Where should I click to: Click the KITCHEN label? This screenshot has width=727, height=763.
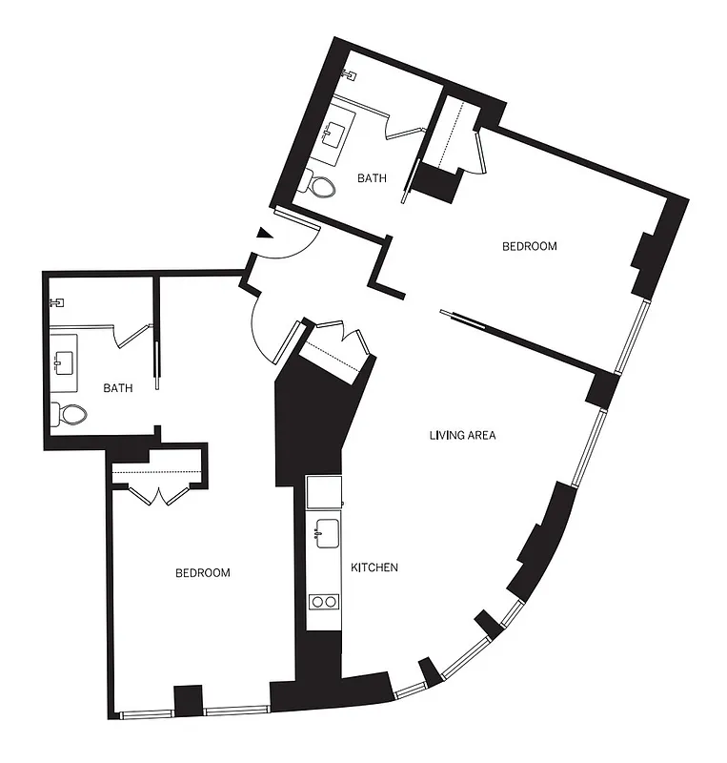pyautogui.click(x=374, y=567)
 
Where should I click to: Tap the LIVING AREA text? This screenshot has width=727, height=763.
pyautogui.click(x=462, y=435)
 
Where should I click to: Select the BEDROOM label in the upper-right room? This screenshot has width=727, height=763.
pyautogui.click(x=529, y=246)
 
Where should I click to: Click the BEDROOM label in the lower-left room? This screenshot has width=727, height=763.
pyautogui.click(x=203, y=573)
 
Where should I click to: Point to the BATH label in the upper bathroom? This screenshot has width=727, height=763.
pyautogui.click(x=372, y=178)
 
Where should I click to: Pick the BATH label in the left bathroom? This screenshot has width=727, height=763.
pyautogui.click(x=118, y=388)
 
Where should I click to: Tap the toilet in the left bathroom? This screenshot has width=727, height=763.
pyautogui.click(x=70, y=414)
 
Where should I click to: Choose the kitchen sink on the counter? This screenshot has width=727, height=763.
pyautogui.click(x=326, y=532)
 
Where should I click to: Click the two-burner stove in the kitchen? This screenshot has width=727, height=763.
pyautogui.click(x=324, y=601)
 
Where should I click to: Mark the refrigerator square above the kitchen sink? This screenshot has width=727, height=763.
pyautogui.click(x=324, y=492)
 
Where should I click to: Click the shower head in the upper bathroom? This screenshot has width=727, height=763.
pyautogui.click(x=349, y=73)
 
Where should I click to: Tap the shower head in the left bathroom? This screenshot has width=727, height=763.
pyautogui.click(x=57, y=302)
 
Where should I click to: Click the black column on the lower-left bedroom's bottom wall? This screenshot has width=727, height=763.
pyautogui.click(x=189, y=699)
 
